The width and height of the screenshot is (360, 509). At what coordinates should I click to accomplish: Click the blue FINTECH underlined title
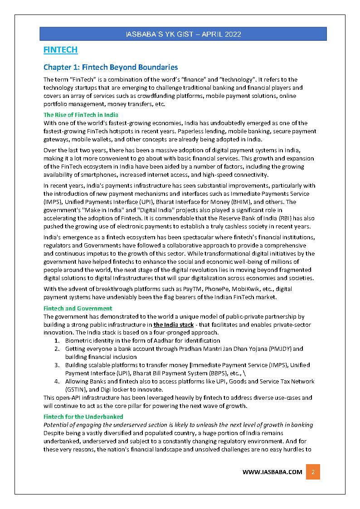tap(60, 50)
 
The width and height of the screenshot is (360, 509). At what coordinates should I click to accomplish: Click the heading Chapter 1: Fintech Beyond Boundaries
tap(110, 68)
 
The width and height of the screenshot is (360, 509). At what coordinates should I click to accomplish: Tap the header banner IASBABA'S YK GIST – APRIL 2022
tap(183, 34)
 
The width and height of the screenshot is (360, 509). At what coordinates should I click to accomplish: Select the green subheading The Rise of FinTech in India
tap(81, 115)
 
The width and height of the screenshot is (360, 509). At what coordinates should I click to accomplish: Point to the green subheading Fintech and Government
tap(78, 308)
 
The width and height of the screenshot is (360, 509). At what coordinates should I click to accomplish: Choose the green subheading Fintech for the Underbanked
tap(83, 416)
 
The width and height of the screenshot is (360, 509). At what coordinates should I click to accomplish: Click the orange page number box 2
tap(313, 472)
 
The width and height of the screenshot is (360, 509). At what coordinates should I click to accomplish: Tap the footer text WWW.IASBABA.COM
tap(272, 472)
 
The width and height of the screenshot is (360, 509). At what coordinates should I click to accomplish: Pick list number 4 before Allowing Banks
tap(57, 381)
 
